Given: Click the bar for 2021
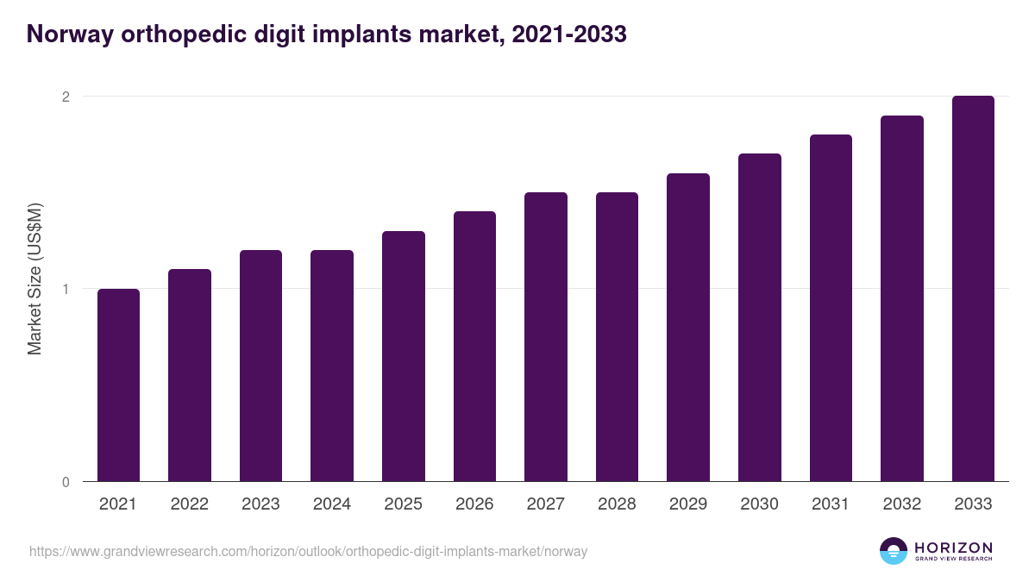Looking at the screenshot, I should pyautogui.click(x=118, y=385).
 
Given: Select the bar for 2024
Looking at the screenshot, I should pyautogui.click(x=332, y=366).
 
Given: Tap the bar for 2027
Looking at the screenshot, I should pyautogui.click(x=546, y=337).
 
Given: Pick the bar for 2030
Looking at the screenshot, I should pyautogui.click(x=760, y=317).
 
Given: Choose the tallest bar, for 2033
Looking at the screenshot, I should pyautogui.click(x=973, y=289).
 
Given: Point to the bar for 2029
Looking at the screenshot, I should pyautogui.click(x=688, y=328).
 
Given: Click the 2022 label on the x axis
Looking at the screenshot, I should pyautogui.click(x=189, y=504).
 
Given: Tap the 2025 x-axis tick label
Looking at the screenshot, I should pyautogui.click(x=403, y=504).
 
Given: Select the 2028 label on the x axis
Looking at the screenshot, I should pyautogui.click(x=617, y=504).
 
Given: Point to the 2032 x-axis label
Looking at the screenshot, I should pyautogui.click(x=902, y=504).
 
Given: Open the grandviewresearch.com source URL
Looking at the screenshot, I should pyautogui.click(x=308, y=551).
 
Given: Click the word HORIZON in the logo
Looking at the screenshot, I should pyautogui.click(x=953, y=548).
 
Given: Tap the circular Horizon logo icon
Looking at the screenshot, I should pyautogui.click(x=894, y=551).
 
